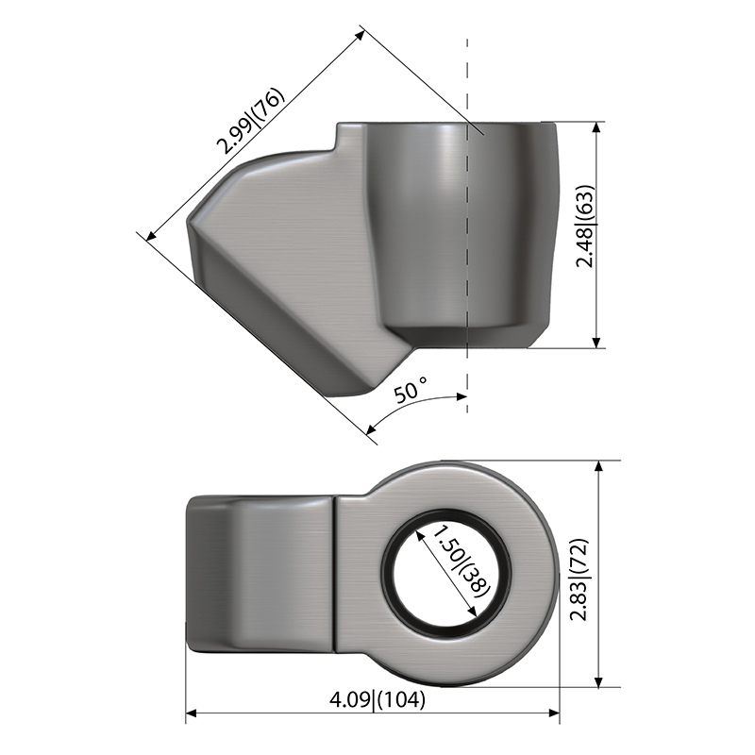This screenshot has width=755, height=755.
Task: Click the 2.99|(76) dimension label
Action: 251,121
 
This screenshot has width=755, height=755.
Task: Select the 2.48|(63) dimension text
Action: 585,226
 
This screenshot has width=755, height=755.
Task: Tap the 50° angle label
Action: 411,390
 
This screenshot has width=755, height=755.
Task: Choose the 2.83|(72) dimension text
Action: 579,579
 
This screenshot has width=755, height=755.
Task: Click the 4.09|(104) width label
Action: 377,699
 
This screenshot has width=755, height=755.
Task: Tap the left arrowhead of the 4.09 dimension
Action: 192,713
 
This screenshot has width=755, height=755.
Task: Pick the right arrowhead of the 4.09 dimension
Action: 554,713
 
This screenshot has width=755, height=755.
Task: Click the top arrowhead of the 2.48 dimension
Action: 596,127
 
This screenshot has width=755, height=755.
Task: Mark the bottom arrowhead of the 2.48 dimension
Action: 596,342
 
